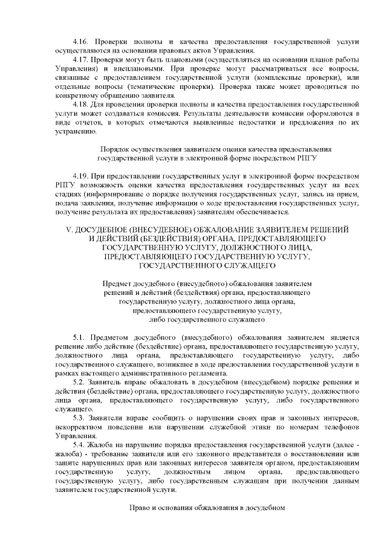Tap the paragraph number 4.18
pos(80,104)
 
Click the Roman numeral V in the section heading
pos(68,229)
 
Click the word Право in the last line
pos(139,508)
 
